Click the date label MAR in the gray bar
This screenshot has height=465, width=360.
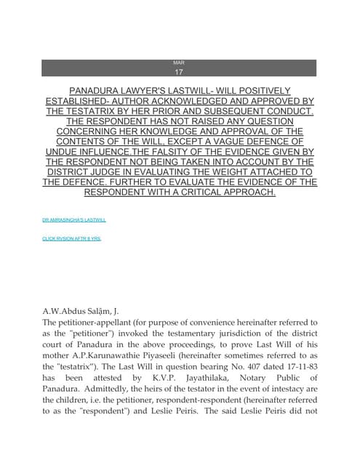pyautogui.click(x=179, y=63)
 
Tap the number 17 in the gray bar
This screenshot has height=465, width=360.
pyautogui.click(x=179, y=72)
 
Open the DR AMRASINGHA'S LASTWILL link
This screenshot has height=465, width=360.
pyautogui.click(x=74, y=219)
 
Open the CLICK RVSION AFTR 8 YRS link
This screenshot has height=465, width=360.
pyautogui.click(x=72, y=238)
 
